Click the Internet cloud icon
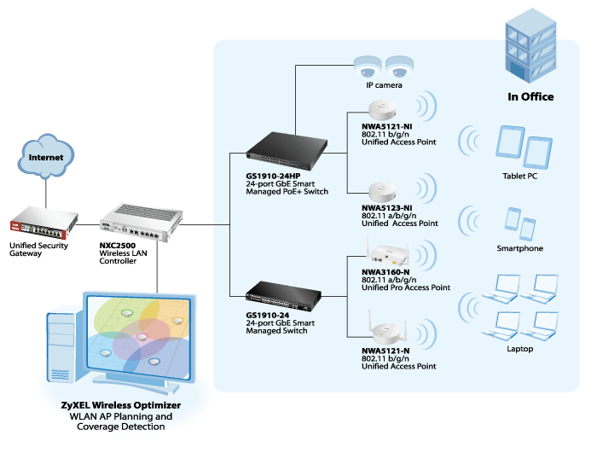(x=46, y=156)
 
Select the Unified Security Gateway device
(x=44, y=223)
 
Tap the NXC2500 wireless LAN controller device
(x=142, y=223)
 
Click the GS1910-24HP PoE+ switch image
(x=287, y=151)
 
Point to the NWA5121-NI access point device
(x=382, y=110)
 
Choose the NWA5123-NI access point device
(x=383, y=192)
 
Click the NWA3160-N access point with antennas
(x=387, y=253)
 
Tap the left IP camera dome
(x=368, y=67)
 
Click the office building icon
(x=530, y=46)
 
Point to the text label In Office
(x=530, y=96)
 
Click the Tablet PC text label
(x=519, y=176)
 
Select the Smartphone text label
(x=519, y=248)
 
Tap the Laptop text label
(x=519, y=349)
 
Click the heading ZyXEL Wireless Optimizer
(x=121, y=405)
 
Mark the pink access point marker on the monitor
(x=142, y=337)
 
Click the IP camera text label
(x=384, y=85)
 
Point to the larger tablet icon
(x=510, y=142)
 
